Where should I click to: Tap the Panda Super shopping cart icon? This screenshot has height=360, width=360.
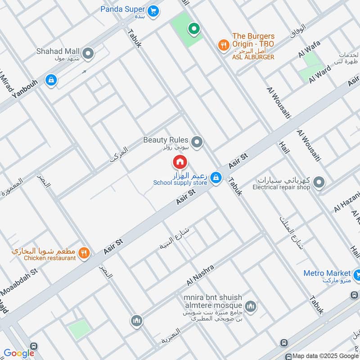153,10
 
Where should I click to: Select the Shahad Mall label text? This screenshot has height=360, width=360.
59,51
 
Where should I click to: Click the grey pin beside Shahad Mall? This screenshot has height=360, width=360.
89,54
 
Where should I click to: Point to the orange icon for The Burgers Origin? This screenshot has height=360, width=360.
223,45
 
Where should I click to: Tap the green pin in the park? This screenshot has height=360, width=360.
194,29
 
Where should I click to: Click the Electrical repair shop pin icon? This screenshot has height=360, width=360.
319,182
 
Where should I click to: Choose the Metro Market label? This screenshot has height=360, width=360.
327,273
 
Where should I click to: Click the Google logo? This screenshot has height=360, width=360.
19,353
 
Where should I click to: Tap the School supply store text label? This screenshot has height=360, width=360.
180,183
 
